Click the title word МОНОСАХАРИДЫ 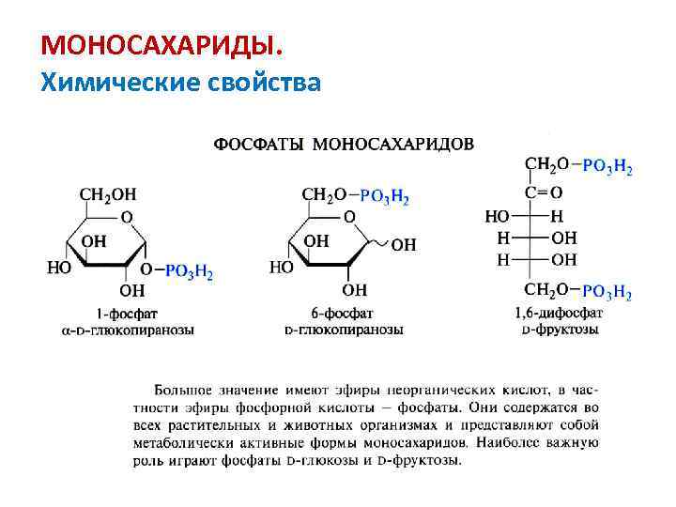click(x=160, y=45)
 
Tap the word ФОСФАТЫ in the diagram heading click(x=261, y=145)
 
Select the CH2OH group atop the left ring click(x=107, y=194)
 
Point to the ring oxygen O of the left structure click(x=127, y=217)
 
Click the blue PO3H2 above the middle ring click(x=384, y=196)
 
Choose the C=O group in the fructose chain click(x=544, y=192)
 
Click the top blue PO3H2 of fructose click(x=607, y=168)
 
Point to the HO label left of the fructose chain click(x=498, y=216)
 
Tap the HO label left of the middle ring click(x=281, y=267)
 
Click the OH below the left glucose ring click(x=132, y=289)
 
